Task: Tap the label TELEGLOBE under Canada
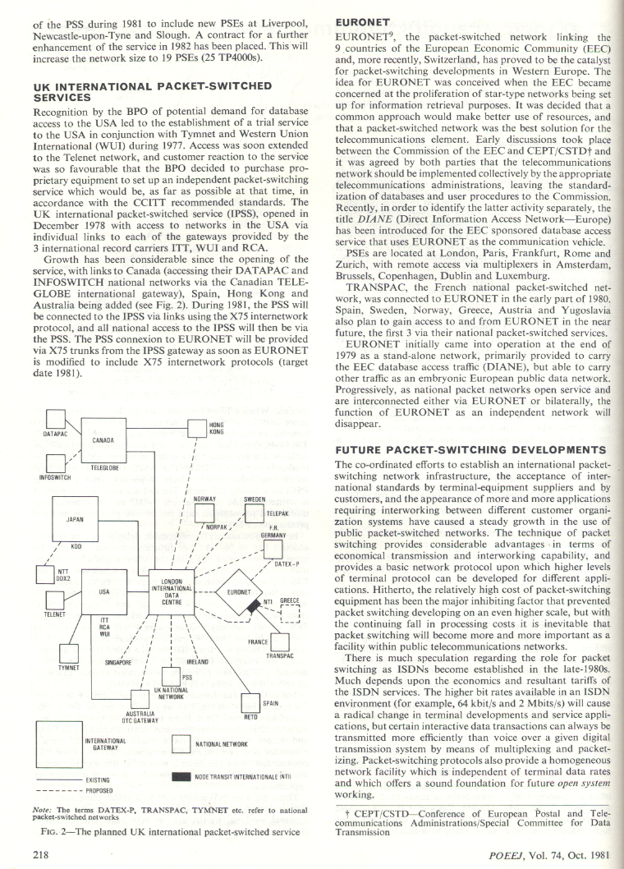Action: click(104, 467)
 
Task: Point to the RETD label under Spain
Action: click(251, 717)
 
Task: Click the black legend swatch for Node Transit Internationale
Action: click(181, 776)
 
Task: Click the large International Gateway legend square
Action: click(57, 743)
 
